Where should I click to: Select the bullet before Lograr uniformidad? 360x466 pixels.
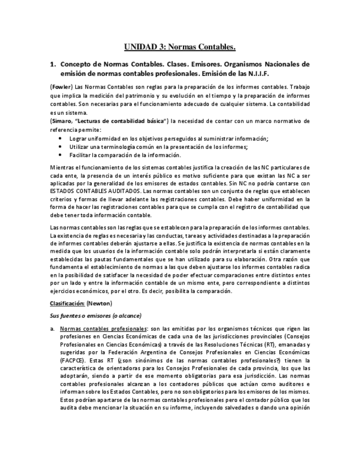[x=60, y=138]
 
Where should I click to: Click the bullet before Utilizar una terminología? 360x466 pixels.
[x=60, y=147]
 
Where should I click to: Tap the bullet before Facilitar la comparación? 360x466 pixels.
[x=60, y=155]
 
